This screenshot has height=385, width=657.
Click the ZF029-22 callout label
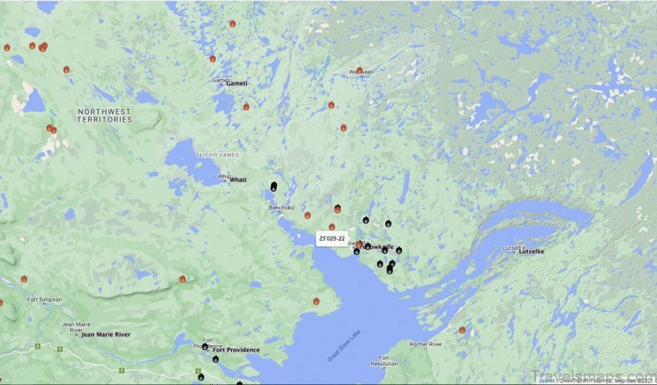(332, 238)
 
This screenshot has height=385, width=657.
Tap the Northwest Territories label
(105, 115)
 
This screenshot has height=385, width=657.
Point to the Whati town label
(238, 179)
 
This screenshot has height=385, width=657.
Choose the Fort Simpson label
(43, 300)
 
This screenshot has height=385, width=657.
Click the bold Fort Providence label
(236, 350)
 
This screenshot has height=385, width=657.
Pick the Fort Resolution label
(384, 361)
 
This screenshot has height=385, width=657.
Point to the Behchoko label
(282, 207)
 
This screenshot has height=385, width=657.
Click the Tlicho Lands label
(218, 155)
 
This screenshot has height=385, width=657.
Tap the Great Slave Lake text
(344, 346)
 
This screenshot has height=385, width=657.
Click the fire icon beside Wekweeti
(359, 71)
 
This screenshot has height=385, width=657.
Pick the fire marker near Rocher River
(462, 330)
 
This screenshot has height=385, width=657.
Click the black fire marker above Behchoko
(273, 187)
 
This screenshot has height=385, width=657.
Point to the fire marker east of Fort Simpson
(182, 279)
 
